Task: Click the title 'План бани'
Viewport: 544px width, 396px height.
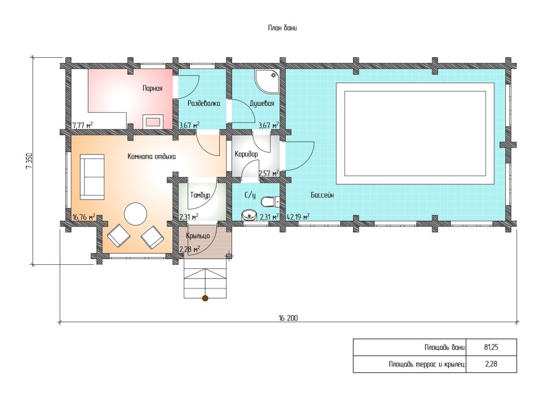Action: point(282,28)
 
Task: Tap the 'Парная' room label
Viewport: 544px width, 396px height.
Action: point(152,88)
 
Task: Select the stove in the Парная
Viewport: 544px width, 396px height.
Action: point(152,121)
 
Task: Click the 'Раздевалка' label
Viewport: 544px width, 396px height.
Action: point(204,103)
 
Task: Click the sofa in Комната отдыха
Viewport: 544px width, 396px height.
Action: point(92,177)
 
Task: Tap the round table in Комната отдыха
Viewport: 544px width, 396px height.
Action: point(135,213)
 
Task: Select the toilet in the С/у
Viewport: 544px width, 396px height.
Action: point(270,202)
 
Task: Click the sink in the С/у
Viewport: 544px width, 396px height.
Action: point(248,216)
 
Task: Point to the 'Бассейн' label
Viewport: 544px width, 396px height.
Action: point(322,195)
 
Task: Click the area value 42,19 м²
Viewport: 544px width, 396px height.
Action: point(298,217)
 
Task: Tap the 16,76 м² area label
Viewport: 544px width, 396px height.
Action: point(83,217)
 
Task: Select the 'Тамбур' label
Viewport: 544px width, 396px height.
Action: point(200,195)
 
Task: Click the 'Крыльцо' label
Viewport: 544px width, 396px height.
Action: point(198,236)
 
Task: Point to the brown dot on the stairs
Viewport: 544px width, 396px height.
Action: point(205,298)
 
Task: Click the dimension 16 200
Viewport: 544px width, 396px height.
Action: point(288,318)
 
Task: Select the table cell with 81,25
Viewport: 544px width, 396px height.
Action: point(491,347)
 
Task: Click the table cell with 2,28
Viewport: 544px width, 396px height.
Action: point(491,364)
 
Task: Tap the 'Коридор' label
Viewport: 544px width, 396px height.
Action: point(247,154)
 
